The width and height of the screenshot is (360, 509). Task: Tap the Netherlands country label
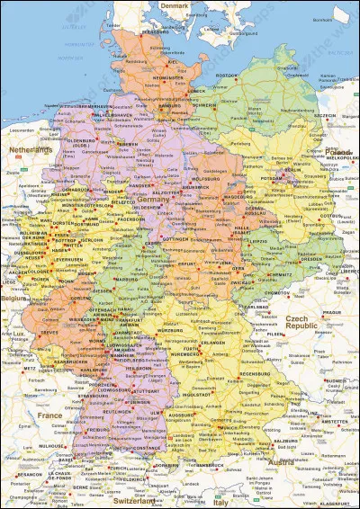click(29, 148)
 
